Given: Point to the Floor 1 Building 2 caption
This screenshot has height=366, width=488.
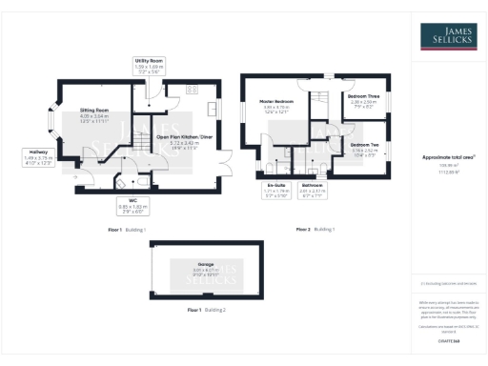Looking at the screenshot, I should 206,311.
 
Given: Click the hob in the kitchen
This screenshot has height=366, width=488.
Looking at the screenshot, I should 192,88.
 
